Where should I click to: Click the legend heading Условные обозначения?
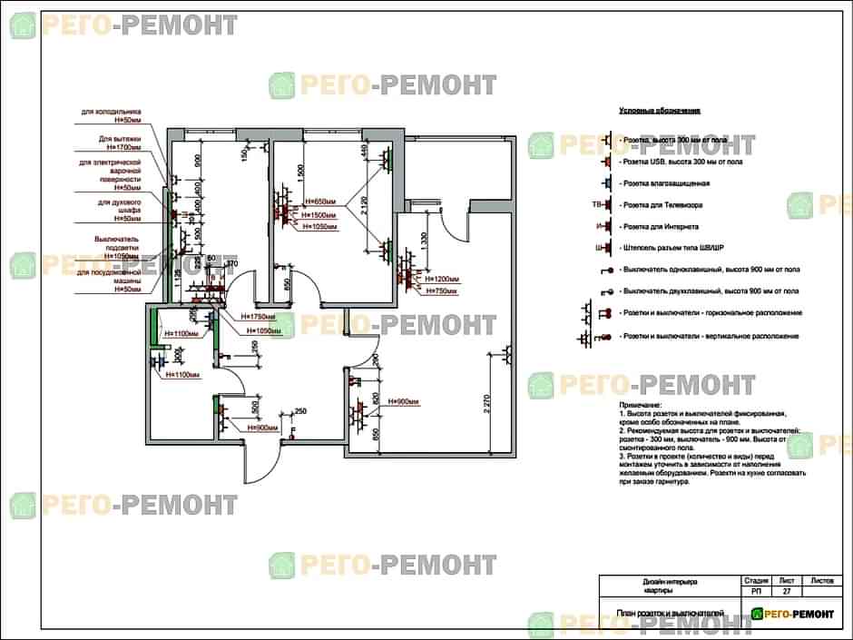pyautogui.click(x=660, y=111)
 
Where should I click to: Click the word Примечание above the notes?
pyautogui.click(x=641, y=404)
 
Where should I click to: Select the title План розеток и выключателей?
pyautogui.click(x=671, y=614)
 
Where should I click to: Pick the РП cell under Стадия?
pyautogui.click(x=756, y=591)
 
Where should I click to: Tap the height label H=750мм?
pyautogui.click(x=436, y=290)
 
